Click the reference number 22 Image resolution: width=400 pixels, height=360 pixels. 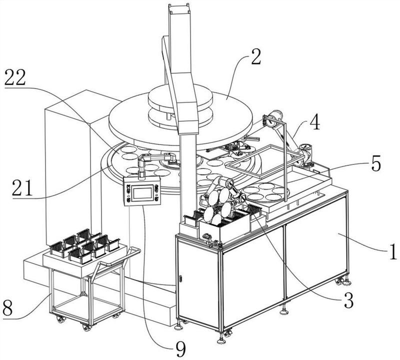pyautogui.click(x=15, y=78)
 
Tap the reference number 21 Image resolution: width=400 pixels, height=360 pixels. pyautogui.click(x=22, y=188)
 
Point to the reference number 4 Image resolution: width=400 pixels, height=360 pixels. pyautogui.click(x=314, y=122)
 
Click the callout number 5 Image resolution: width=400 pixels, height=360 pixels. pyautogui.click(x=376, y=163)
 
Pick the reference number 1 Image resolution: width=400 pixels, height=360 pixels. pyautogui.click(x=392, y=251)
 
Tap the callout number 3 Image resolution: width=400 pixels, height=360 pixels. pyautogui.click(x=348, y=300)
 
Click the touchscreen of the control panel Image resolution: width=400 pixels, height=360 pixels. pyautogui.click(x=142, y=191)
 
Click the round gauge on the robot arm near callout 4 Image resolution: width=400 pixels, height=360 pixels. pyautogui.click(x=305, y=148)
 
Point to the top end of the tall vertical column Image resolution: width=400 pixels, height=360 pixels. pyautogui.click(x=179, y=4)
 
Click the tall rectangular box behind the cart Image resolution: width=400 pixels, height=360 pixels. pyautogui.click(x=67, y=166)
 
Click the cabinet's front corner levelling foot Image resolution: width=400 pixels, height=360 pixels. pyautogui.click(x=221, y=340)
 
